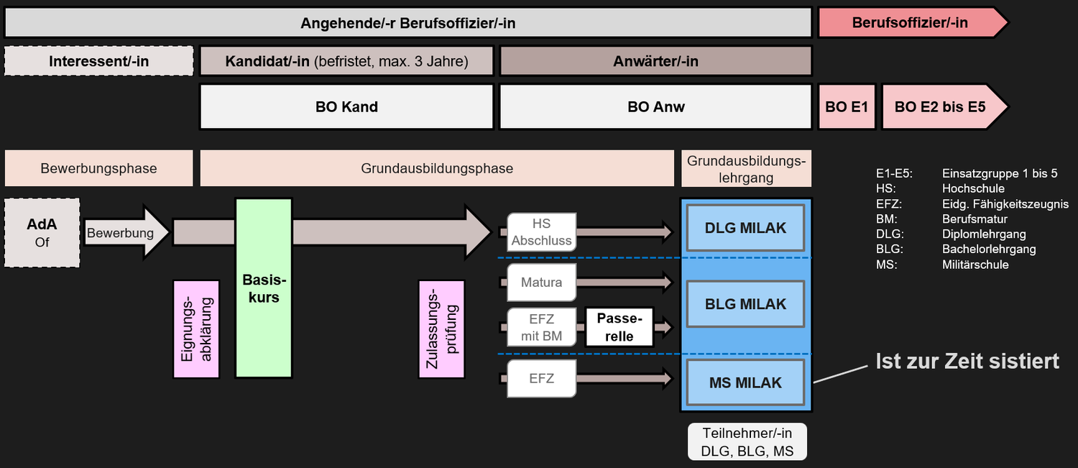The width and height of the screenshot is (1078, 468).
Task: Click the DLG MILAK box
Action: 745,228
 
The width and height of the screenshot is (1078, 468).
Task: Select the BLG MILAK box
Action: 745,304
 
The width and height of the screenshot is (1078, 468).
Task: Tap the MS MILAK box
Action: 745,382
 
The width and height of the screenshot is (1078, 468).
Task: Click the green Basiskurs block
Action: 264,288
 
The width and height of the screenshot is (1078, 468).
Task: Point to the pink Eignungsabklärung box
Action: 195,329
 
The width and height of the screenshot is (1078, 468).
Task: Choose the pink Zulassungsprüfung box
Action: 441,329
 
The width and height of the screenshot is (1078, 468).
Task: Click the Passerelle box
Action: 619,327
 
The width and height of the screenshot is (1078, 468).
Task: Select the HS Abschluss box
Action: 541,232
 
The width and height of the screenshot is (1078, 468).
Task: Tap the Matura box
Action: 541,283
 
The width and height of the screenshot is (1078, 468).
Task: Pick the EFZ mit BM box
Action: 541,327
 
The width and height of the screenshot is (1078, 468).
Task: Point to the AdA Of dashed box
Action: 42,233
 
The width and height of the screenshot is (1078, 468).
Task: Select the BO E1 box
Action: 847,107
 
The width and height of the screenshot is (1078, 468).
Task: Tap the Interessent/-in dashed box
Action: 99,61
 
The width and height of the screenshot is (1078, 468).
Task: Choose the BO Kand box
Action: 346,107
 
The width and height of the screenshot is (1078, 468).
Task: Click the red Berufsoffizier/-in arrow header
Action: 910,22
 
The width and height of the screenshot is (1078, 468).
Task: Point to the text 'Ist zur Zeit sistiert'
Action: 967,361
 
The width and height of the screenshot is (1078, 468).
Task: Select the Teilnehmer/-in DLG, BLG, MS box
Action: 747,442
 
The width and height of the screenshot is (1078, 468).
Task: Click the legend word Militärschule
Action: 975,265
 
